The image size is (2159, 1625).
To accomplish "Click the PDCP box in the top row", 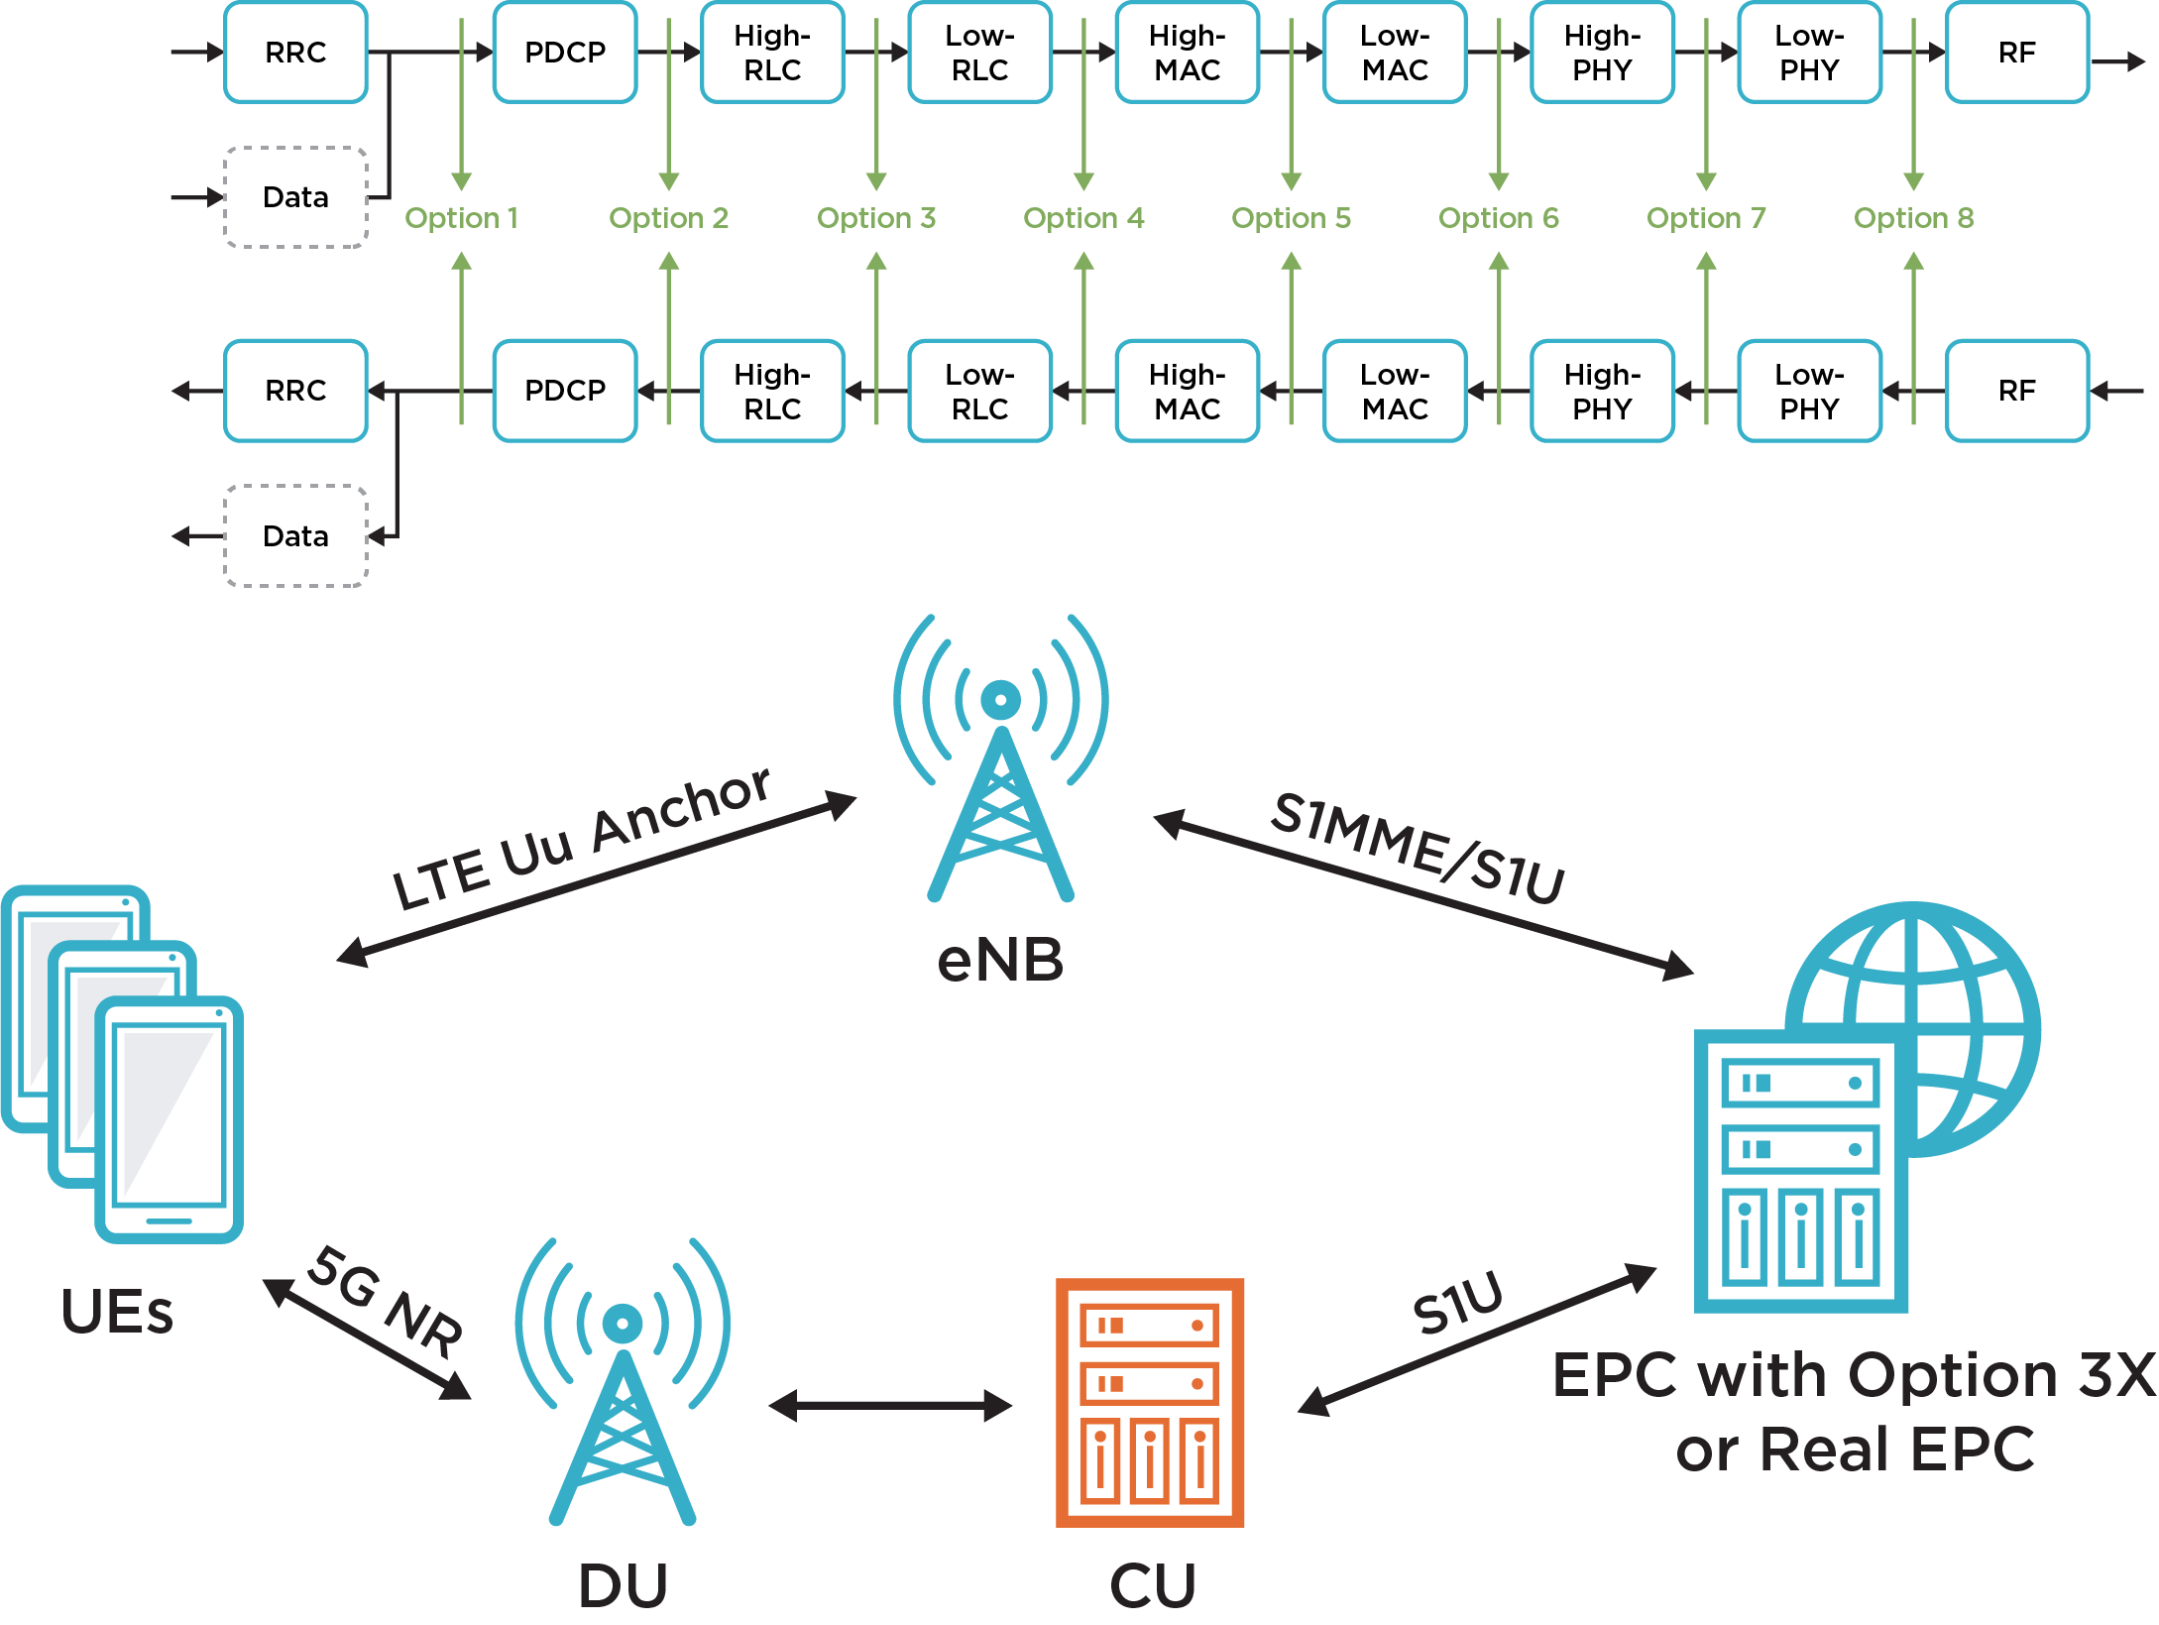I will tap(564, 53).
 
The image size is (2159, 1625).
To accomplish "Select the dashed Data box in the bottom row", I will tap(295, 536).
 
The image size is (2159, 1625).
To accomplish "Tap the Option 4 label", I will tap(1082, 218).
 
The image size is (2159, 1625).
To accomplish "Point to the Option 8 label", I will tap(1913, 218).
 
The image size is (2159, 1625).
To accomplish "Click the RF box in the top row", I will tap(2016, 53).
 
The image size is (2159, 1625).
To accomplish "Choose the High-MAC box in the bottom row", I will tap(1187, 392).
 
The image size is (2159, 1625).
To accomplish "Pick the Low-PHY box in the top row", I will tap(1808, 53).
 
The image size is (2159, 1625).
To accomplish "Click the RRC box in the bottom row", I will tap(295, 392).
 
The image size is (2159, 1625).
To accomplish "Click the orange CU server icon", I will tap(1150, 1403).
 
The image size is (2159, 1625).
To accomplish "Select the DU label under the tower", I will tap(623, 1585).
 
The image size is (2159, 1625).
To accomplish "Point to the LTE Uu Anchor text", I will tap(581, 839).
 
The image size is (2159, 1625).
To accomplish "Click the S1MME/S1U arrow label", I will tap(1419, 849).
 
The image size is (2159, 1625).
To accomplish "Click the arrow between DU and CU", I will tap(889, 1405).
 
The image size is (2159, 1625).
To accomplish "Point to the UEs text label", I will tap(117, 1312).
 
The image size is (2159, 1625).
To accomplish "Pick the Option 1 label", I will tap(461, 218).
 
